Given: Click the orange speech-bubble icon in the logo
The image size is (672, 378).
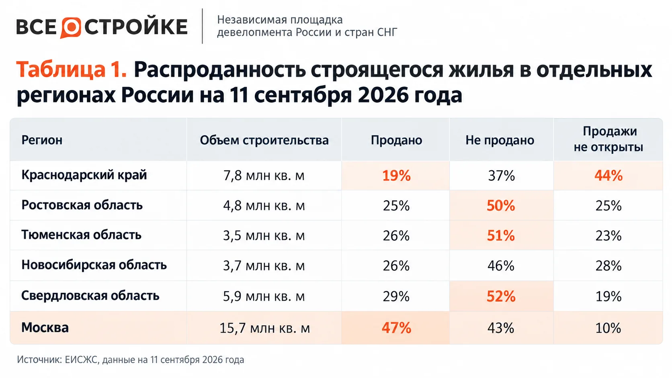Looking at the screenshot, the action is [71, 28].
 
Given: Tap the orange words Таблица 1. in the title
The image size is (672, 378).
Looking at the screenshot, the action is [72, 69].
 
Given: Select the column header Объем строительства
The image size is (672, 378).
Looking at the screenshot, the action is [264, 140].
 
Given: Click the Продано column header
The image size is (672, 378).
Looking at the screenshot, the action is [396, 140].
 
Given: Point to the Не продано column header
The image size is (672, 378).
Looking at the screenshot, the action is [500, 140].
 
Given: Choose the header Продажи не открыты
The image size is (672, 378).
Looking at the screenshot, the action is [608, 139].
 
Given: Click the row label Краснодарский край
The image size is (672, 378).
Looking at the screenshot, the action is [84, 175].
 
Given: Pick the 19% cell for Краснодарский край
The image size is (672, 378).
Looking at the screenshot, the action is [396, 176].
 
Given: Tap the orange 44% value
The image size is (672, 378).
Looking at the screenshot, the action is [608, 176].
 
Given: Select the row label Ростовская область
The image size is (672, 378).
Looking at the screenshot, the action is [82, 205].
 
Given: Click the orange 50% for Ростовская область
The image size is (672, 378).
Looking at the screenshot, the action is [501, 206].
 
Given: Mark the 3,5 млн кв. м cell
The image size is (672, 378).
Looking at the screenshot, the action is [264, 236].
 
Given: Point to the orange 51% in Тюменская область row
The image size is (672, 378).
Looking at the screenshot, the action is [501, 236].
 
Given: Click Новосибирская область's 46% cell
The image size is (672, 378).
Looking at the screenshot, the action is [501, 266].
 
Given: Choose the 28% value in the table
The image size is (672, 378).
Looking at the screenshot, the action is [608, 266].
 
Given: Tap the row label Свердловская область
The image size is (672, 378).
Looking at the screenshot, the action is [90, 296].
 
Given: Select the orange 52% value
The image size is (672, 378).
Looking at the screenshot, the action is [501, 296].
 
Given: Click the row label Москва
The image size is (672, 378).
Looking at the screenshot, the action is [45, 328].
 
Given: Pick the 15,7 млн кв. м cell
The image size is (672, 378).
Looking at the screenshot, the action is [264, 328].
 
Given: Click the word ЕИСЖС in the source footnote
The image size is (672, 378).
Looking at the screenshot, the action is [81, 360].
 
